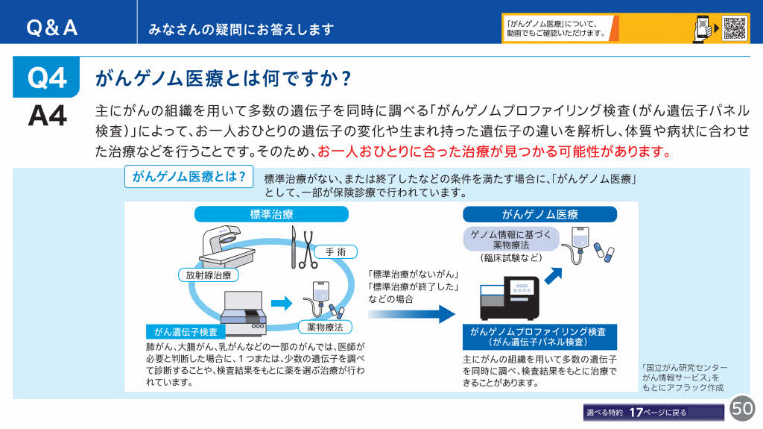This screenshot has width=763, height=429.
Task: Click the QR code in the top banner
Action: (x=735, y=28)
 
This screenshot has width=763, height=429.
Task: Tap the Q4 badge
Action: (x=47, y=78)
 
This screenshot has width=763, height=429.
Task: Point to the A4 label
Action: (x=47, y=116)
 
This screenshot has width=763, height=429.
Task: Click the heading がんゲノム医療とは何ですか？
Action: (x=224, y=78)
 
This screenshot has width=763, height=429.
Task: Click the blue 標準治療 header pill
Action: (x=271, y=215)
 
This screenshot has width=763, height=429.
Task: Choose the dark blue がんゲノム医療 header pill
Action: (x=539, y=215)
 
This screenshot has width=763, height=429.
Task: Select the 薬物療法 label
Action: (x=325, y=327)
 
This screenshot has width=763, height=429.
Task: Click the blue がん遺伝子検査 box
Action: (x=186, y=331)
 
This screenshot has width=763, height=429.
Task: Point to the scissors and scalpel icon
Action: (x=303, y=247)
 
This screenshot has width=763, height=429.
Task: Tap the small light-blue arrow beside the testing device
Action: (x=281, y=303)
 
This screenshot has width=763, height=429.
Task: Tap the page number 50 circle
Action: (x=742, y=408)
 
